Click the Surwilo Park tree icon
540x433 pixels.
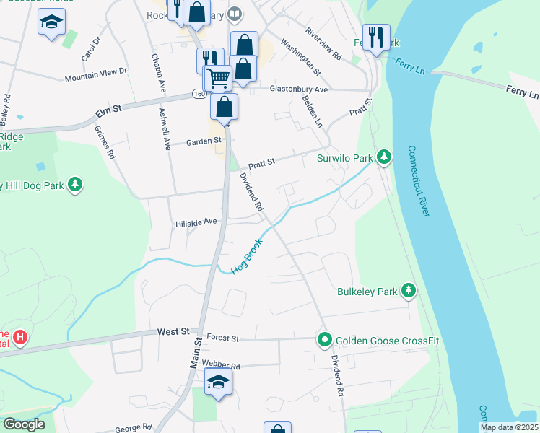385,157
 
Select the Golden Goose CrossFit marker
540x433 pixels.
325,339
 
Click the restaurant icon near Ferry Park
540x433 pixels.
375,38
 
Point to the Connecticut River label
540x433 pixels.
419,182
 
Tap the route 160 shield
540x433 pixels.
199,95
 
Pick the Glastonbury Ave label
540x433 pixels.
299,89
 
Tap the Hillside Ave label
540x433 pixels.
196,222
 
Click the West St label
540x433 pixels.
173,332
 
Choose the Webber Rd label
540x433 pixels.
220,365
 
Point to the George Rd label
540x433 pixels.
133,427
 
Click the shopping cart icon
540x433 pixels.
217,77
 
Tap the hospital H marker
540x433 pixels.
20,336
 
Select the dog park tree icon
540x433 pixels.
74,185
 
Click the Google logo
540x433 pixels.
23,424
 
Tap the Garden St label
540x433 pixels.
202,141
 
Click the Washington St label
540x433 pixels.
301,57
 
